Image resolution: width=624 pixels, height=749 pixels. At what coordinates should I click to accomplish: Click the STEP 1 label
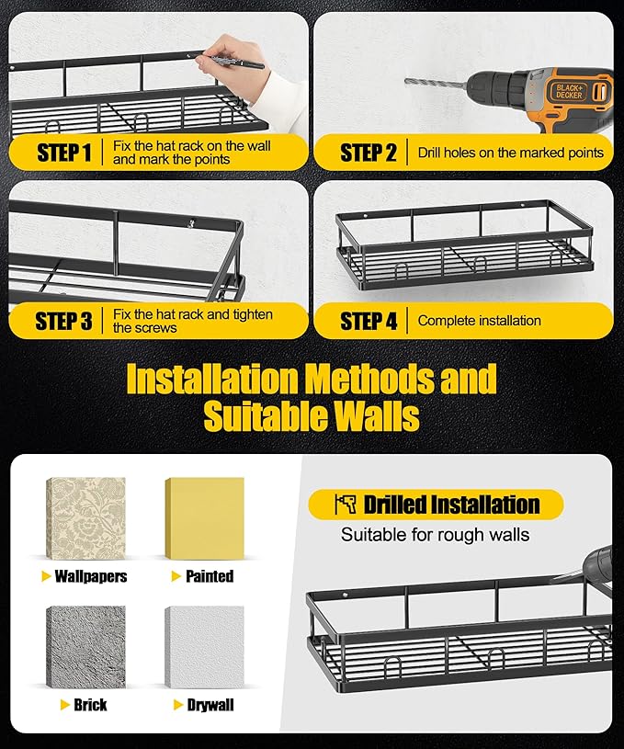64,153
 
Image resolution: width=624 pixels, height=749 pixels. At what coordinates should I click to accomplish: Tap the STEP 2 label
369,153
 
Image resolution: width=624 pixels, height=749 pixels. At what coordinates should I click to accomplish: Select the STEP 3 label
64,321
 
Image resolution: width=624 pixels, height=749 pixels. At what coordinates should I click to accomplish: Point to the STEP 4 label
369,321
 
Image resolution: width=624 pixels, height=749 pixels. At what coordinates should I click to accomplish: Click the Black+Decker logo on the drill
569,91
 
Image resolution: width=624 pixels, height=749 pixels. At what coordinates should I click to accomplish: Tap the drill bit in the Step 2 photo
436,84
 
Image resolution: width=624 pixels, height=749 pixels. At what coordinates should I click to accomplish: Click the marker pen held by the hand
237,63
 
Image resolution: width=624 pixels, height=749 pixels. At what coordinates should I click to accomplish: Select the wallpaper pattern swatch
86,518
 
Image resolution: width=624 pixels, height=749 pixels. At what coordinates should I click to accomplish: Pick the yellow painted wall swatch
205,518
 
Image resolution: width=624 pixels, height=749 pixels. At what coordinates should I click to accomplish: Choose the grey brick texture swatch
86,647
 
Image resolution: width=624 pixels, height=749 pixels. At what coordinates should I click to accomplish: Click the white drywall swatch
205,647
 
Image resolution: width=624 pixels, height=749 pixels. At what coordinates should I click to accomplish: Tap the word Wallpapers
91,576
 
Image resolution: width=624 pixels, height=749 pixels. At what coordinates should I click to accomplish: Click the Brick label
90,705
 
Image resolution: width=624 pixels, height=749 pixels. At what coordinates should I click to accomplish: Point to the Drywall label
210,705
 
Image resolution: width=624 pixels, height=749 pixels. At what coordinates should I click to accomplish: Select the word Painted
210,576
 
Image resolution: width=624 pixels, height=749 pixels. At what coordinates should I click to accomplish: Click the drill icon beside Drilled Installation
346,505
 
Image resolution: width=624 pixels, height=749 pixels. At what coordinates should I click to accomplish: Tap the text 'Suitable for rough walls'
435,535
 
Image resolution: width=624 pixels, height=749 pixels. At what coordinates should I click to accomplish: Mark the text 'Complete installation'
479,321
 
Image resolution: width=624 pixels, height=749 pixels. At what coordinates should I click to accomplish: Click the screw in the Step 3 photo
192,223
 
